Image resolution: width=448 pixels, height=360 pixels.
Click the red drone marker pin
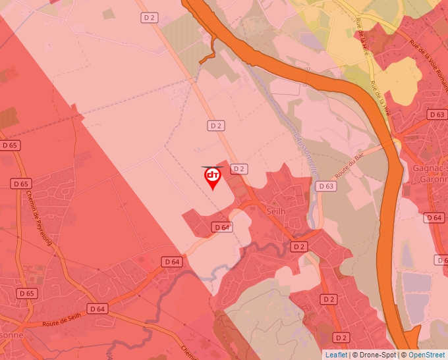click(x=212, y=177)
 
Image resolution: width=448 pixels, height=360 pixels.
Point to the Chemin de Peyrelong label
click(x=39, y=218)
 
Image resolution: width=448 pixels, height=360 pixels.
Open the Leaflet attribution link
click(x=336, y=355)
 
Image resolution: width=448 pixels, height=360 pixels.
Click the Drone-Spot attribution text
click(x=374, y=355)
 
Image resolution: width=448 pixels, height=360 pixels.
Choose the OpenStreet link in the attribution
click(x=426, y=355)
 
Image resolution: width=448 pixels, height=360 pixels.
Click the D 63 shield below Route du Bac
click(x=325, y=186)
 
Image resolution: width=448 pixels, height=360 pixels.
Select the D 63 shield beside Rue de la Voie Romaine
click(x=436, y=115)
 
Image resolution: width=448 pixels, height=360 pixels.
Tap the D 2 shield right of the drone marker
click(x=238, y=168)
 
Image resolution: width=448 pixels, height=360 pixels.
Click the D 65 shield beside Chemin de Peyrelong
click(x=20, y=184)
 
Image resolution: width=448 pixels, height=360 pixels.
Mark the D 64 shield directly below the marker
click(x=222, y=227)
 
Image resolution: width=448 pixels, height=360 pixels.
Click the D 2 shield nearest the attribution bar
click(x=341, y=338)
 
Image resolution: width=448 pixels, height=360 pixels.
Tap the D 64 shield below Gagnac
click(x=434, y=217)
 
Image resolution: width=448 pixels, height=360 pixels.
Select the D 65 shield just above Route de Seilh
click(x=26, y=294)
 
